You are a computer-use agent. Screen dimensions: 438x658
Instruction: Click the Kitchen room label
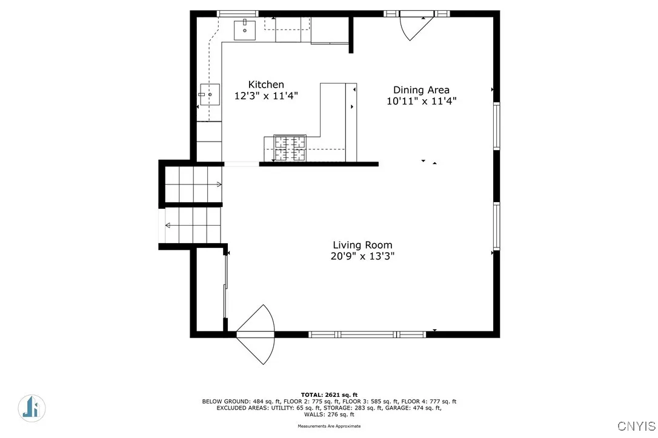pos(266,85)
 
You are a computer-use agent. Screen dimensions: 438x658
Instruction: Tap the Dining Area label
pos(421,90)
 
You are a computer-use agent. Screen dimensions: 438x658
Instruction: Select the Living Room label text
pos(362,245)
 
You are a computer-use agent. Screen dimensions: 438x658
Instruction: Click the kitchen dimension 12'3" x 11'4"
pos(266,96)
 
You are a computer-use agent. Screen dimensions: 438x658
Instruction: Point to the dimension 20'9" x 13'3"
pos(362,256)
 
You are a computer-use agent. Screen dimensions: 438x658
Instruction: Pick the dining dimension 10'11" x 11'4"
pos(421,101)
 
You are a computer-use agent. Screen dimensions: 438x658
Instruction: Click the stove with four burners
pos(290,148)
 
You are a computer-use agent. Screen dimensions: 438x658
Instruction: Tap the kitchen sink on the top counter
pos(245,29)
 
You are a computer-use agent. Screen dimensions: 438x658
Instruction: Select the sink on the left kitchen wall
pos(210,94)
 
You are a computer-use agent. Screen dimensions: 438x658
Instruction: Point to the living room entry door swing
pos(256,335)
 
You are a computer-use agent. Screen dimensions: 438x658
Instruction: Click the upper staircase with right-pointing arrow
pos(193,184)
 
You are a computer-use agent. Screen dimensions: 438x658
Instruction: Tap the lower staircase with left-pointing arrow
pos(192,225)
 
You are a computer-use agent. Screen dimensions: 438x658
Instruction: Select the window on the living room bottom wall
pos(367,334)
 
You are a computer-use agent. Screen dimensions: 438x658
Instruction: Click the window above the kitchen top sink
pos(238,13)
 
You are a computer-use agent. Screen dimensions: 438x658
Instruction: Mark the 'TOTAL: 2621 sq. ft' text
pos(329,394)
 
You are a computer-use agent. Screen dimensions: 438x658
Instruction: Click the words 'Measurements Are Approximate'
pos(329,427)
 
